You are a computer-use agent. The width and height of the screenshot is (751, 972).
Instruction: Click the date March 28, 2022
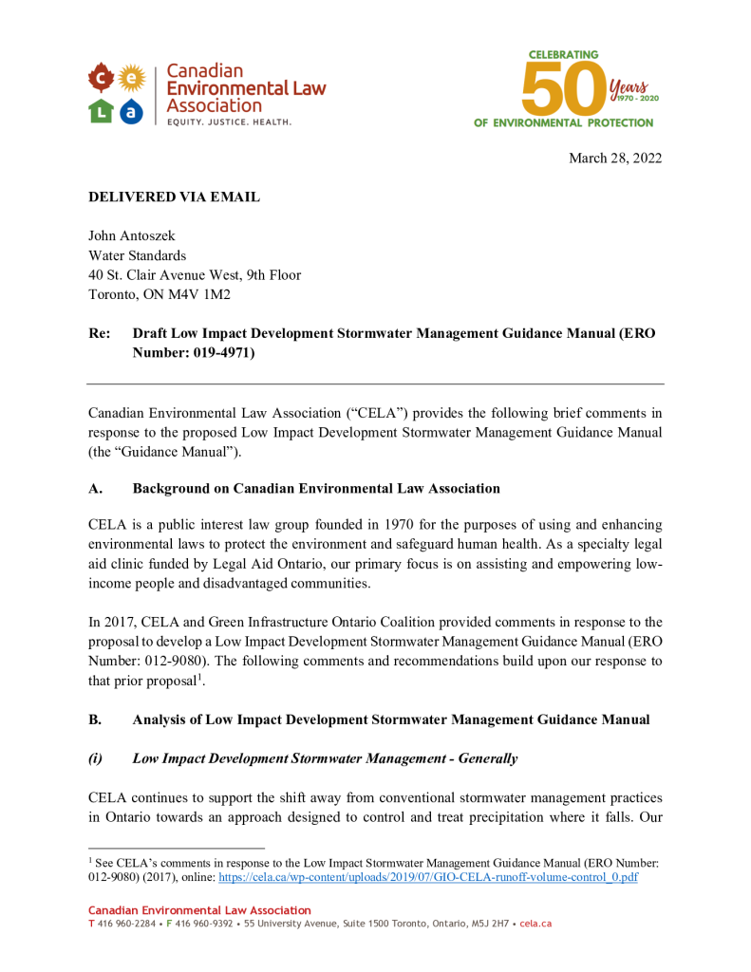614,158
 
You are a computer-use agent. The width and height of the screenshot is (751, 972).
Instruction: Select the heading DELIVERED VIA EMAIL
174,196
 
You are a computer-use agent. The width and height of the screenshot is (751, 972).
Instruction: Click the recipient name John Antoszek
131,235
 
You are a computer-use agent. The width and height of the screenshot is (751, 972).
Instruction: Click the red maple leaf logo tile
101,76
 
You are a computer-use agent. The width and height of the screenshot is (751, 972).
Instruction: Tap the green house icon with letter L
101,112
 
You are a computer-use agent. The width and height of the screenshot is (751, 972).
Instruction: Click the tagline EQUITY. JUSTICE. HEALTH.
229,122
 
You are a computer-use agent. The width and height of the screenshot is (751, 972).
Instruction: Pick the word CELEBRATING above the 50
563,55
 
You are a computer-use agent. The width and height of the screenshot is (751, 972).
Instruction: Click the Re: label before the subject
99,334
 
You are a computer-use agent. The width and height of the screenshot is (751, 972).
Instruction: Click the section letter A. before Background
95,488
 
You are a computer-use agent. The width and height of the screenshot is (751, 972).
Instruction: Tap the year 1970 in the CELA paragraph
397,525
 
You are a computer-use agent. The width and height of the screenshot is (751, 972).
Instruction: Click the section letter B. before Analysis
95,720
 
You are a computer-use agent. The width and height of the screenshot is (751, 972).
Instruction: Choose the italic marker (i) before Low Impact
96,758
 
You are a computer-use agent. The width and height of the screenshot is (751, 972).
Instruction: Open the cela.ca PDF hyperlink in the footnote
427,877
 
